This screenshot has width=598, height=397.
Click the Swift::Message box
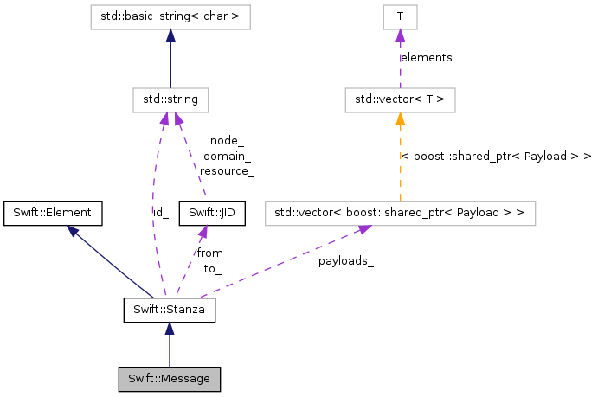[170, 378]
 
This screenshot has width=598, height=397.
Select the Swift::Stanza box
[170, 309]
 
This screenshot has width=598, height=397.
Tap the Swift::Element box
[54, 212]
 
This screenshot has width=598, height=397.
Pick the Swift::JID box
[211, 212]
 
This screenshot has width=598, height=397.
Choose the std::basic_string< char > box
[170, 16]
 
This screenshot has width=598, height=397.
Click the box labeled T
[400, 16]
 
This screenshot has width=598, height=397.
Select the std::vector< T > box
[400, 99]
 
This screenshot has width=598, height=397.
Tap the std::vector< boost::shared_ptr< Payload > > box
[399, 212]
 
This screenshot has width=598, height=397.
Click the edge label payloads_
[345, 259]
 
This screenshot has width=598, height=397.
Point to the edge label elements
[426, 57]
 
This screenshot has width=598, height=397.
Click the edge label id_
[160, 212]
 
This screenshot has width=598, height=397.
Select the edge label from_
[212, 253]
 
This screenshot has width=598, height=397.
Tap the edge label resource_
[227, 171]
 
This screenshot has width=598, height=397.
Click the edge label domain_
[227, 157]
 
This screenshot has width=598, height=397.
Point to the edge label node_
[227, 141]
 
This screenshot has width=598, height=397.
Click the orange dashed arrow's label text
[496, 157]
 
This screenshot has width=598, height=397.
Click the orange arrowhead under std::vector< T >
[400, 118]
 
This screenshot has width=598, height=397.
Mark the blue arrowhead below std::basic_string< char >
[170, 35]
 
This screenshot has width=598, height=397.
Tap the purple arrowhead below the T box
[400, 35]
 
